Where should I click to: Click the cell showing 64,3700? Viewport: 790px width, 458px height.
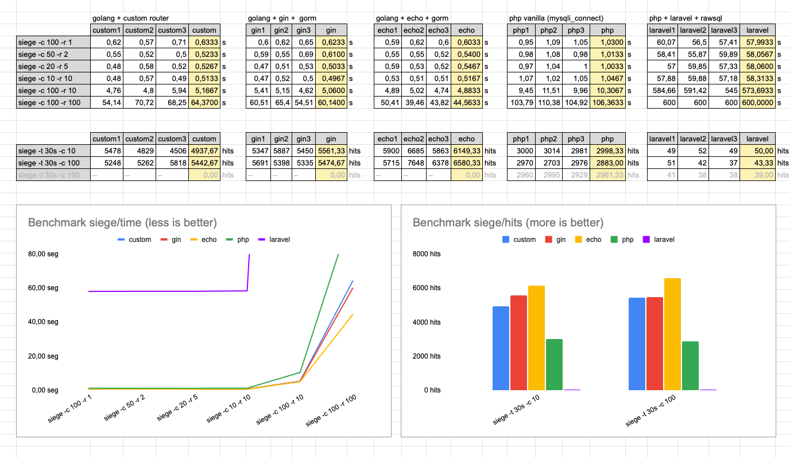pos(204,102)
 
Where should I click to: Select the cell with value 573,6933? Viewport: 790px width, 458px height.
pos(757,90)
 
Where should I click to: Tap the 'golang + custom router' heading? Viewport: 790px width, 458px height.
pos(130,18)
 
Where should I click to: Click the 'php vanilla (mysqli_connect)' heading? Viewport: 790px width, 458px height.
pos(556,18)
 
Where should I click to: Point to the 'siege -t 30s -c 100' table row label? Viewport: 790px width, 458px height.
pos(49,163)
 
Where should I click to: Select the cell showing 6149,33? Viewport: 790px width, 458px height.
pos(467,151)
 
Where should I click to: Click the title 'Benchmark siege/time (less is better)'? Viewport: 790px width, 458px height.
pos(122,222)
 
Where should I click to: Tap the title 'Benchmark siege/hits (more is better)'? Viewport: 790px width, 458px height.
pos(508,222)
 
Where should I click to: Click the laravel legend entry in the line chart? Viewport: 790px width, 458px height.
pos(274,240)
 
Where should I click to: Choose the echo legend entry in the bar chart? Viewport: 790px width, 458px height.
pos(588,240)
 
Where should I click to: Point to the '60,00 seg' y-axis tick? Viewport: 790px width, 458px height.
pos(43,288)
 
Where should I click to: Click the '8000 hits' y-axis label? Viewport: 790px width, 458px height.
pos(427,254)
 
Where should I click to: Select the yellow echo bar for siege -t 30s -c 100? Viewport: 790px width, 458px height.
pos(672,334)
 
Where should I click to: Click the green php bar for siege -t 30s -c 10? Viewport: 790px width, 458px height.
pos(554,364)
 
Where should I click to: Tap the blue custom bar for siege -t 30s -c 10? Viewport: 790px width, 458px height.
pos(501,348)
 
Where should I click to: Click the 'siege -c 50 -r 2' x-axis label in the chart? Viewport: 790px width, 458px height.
pos(125,408)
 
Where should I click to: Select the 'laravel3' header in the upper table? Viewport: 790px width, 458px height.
pos(724,30)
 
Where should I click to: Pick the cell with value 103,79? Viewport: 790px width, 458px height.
pos(521,102)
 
